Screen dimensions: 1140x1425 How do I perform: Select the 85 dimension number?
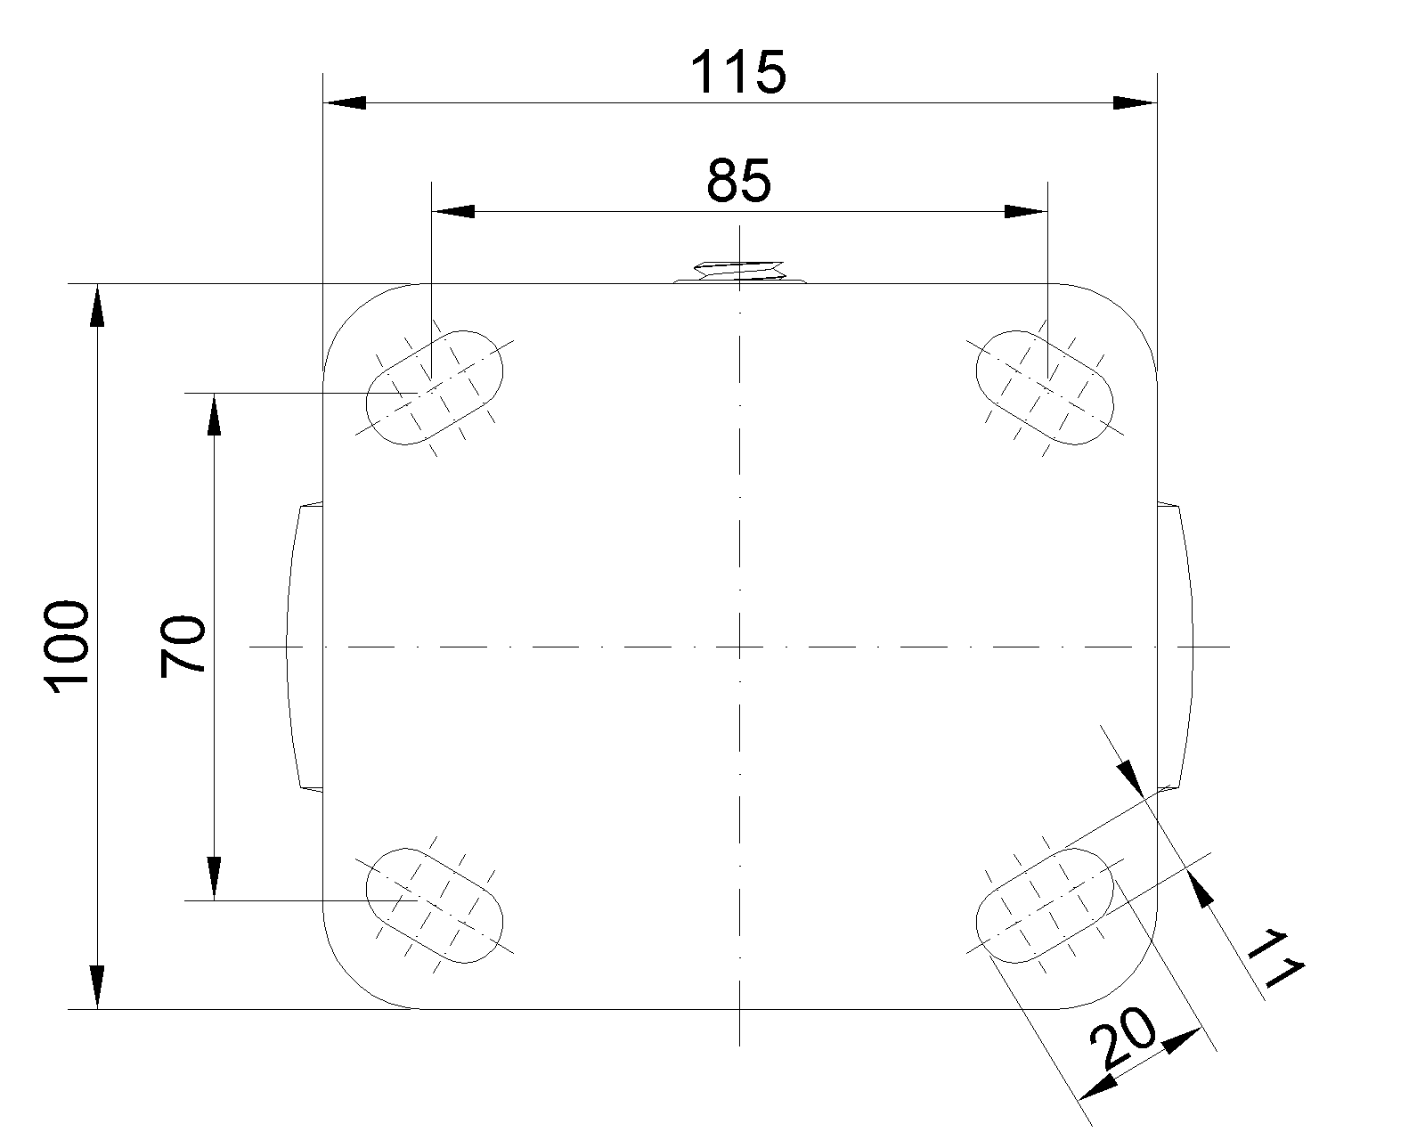pyautogui.click(x=738, y=182)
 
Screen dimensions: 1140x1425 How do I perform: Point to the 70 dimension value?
pyautogui.click(x=184, y=647)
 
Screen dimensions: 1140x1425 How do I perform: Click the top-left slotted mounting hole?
pyautogui.click(x=436, y=387)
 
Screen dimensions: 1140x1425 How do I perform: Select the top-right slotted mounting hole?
pyautogui.click(x=1046, y=387)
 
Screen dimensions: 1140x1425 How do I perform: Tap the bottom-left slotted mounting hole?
pyautogui.click(x=436, y=905)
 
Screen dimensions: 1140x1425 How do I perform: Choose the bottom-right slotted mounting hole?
pyautogui.click(x=1046, y=905)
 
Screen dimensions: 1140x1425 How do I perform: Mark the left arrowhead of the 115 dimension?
pyautogui.click(x=344, y=103)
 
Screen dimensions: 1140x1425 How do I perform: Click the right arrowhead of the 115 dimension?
pyautogui.click(x=1135, y=103)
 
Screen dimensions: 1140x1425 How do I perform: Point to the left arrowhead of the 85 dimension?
pyautogui.click(x=452, y=212)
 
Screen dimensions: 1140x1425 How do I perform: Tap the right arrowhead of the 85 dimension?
pyautogui.click(x=1025, y=212)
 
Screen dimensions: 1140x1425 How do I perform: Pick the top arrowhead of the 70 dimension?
pyautogui.click(x=214, y=414)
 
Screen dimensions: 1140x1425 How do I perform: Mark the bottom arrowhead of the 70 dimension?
pyautogui.click(x=214, y=879)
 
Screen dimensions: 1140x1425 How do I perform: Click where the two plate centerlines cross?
pyautogui.click(x=739, y=647)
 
